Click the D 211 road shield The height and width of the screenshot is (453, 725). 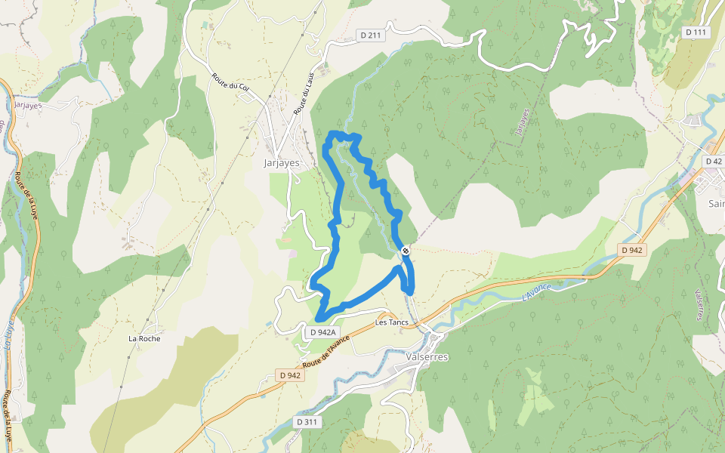pos(369,35)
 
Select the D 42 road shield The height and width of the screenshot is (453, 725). pos(713,162)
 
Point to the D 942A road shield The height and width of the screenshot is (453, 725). pos(322,332)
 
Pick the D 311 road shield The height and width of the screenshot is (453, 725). pos(307,421)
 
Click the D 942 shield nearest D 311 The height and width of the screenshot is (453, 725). pos(289,375)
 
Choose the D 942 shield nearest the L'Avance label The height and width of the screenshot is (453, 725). pos(632,250)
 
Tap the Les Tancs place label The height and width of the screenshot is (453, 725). pos(392,323)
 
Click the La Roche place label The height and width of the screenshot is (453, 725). pos(144,338)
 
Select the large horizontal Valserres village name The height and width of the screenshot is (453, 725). pos(427,356)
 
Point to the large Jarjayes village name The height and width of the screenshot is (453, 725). pos(281,162)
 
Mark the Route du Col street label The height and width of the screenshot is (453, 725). pos(231,86)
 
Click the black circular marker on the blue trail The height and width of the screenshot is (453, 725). pos(406,250)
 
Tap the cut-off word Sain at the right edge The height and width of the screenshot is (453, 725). pos(716,203)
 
